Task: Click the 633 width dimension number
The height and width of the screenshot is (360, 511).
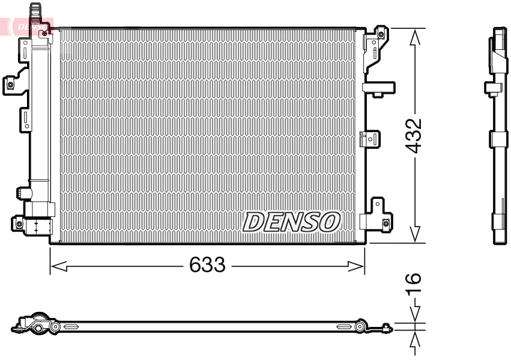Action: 207,264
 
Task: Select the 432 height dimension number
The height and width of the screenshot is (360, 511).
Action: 413,136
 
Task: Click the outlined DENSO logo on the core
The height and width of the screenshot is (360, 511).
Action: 291,222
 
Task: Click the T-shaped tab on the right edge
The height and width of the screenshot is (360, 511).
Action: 378,88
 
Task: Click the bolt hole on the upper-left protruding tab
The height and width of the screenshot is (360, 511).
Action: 10,85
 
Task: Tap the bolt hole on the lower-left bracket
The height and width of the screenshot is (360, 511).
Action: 19,224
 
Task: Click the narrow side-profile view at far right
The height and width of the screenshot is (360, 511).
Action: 498,136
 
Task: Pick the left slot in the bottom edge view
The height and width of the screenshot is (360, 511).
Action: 71,327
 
